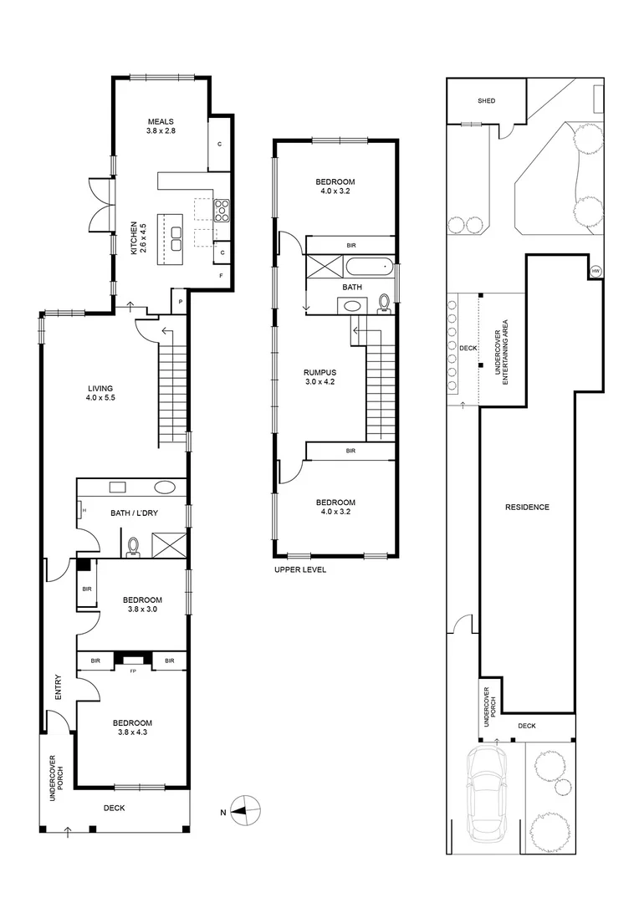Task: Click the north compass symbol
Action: pos(246,809)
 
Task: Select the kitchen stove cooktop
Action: pos(223,210)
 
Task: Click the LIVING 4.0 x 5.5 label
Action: pos(100,394)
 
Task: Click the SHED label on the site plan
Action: pos(486,101)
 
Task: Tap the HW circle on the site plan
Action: pos(596,271)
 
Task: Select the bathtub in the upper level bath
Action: pos(367,268)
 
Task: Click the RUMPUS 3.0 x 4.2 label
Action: pos(319,379)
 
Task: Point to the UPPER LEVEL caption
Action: pos(299,569)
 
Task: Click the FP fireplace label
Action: pos(133,669)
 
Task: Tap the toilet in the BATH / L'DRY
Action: pos(133,546)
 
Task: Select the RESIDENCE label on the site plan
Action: pos(527,507)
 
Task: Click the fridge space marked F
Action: pos(221,275)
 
